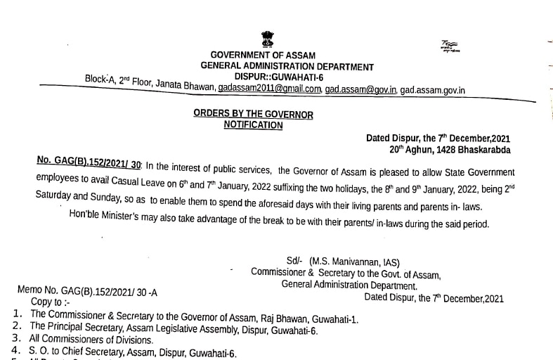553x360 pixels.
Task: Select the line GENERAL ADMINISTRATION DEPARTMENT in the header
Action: click(x=287, y=66)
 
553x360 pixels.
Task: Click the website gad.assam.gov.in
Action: click(x=432, y=90)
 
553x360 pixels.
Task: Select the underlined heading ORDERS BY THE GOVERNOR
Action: click(x=253, y=115)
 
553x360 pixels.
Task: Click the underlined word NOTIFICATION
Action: click(x=253, y=125)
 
